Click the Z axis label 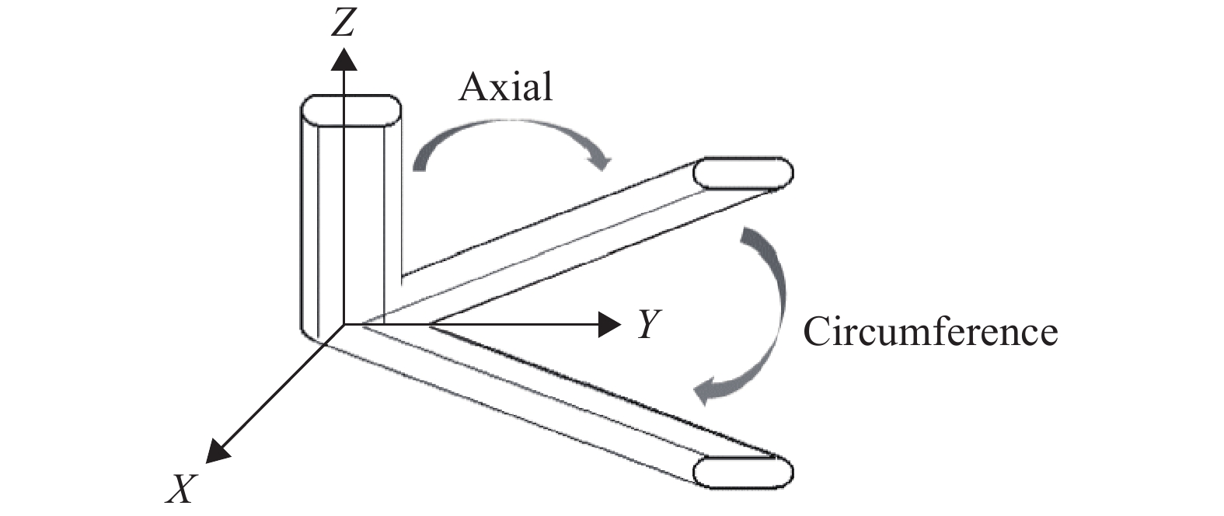[343, 24]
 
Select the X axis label [181, 489]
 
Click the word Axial [505, 88]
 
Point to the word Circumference [930, 332]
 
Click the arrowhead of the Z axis [343, 59]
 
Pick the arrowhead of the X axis [216, 451]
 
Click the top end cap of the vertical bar [350, 110]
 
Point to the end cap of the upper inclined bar [743, 173]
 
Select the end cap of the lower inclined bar [743, 472]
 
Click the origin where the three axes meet [343, 325]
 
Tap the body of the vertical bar [350, 218]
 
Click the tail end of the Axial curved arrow [419, 164]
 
